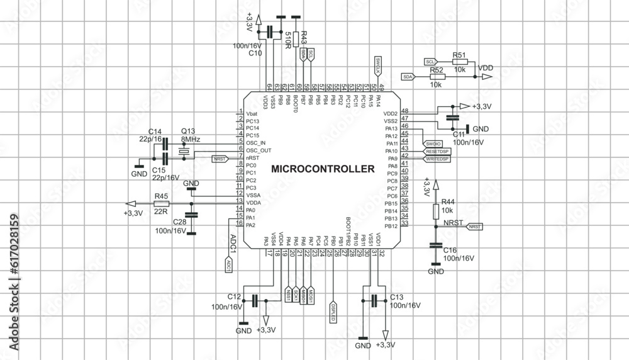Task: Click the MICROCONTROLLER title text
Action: coord(323,169)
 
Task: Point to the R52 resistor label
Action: coord(437,70)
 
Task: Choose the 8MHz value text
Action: coord(191,139)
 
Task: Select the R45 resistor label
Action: coord(161,196)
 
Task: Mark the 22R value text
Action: coord(161,211)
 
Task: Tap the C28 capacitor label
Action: coord(179,223)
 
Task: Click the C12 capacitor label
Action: coord(234,296)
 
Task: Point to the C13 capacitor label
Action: coord(396,296)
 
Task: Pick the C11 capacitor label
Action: coord(459,134)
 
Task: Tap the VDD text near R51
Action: coord(486,67)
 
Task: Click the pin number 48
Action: coord(404,111)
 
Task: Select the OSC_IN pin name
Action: coord(256,143)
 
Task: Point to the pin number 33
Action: coord(404,223)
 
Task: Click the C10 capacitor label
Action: coord(255,53)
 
